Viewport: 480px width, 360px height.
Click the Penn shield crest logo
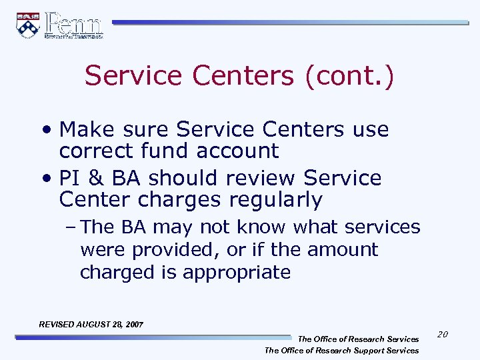(x=27, y=25)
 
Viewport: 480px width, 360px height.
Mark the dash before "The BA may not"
(x=72, y=227)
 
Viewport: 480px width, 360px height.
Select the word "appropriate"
(x=236, y=272)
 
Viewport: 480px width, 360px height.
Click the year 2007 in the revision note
(x=133, y=324)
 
